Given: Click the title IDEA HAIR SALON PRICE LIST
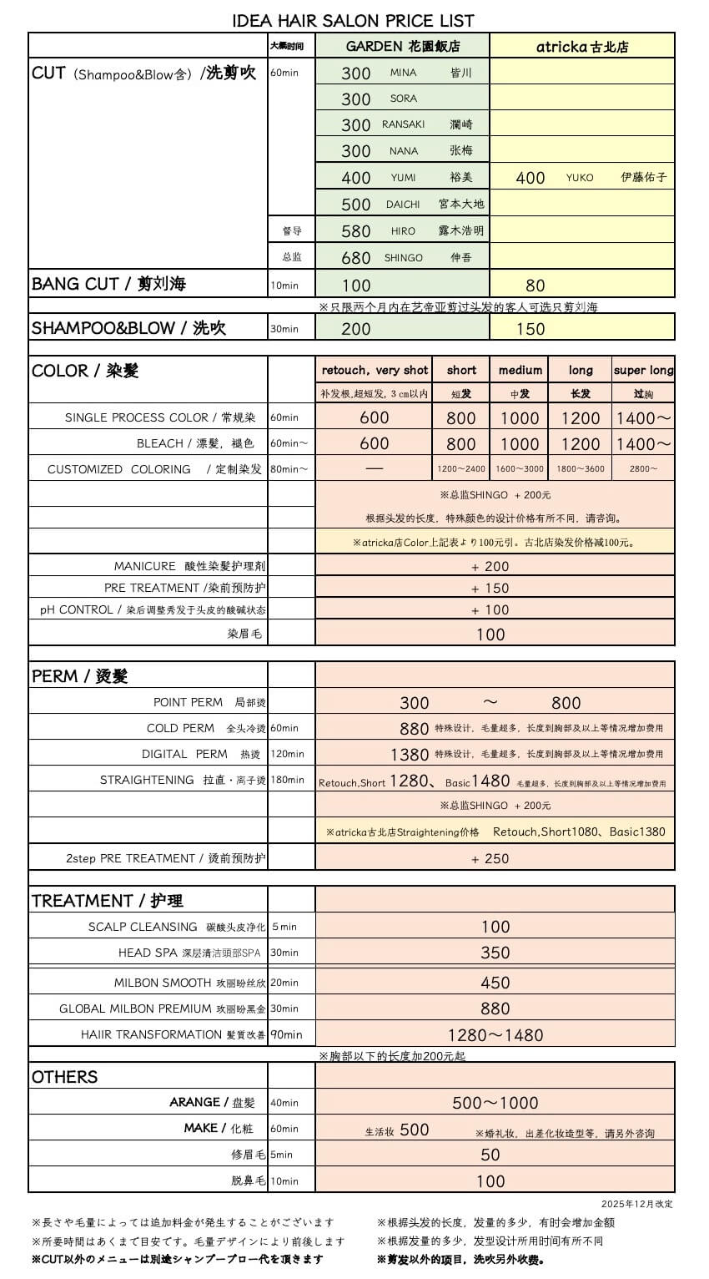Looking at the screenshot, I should point(353,20).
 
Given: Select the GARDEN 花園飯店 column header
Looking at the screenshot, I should point(403,47).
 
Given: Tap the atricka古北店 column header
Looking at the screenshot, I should point(582,47).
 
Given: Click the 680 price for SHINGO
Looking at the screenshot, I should point(356,258).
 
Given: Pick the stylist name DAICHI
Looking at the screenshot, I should point(403,205).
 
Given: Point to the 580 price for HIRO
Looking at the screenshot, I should point(356,231).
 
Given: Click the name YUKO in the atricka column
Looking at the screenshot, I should point(580,178).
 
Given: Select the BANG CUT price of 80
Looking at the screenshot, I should point(536,286).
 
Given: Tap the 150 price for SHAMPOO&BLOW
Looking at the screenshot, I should point(530,329).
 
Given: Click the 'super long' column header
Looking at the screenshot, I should point(643,370).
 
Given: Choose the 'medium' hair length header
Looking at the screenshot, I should point(520,370).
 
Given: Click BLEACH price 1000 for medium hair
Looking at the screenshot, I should point(520,444).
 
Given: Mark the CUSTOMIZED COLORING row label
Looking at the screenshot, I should point(154,469).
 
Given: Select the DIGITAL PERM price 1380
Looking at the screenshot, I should point(410,755).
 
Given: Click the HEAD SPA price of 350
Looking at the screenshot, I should point(495,953).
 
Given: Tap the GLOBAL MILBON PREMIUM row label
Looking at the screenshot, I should point(162,1009).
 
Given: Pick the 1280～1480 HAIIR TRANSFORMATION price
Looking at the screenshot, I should point(495,1035).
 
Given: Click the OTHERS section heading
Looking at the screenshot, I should point(65,1077).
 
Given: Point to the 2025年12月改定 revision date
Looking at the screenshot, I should point(636,1204).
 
